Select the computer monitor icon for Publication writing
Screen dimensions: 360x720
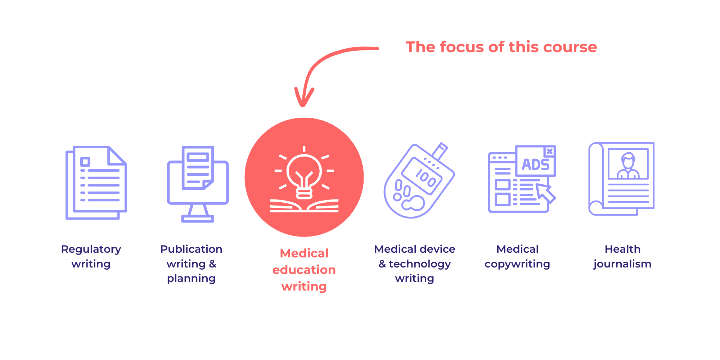[x=198, y=184]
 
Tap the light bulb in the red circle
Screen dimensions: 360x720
[x=304, y=173]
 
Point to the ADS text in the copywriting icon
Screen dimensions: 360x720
[x=535, y=165]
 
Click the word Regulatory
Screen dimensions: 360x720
[x=91, y=249]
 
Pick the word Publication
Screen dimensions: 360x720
[x=191, y=249]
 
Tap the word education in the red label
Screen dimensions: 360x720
[x=304, y=270]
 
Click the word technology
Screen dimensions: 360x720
[x=420, y=264]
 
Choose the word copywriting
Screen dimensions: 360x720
[x=517, y=264]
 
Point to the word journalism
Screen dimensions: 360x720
[x=622, y=264]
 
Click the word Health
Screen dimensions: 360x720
[x=622, y=249]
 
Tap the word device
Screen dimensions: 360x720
[x=437, y=249]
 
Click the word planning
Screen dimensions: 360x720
[x=191, y=278]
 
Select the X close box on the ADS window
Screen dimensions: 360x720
[x=550, y=151]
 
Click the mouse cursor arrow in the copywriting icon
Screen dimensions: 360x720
[x=545, y=192]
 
